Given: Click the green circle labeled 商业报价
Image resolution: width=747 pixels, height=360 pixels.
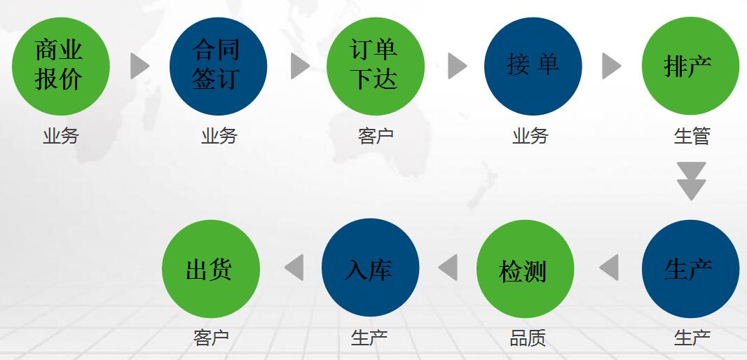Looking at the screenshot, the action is tap(61, 67).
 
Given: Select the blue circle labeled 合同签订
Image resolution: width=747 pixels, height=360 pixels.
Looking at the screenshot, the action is tap(218, 67).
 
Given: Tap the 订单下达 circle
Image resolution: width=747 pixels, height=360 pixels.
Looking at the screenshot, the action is tap(376, 67).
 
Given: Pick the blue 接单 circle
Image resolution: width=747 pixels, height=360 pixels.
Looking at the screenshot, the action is tap(533, 67).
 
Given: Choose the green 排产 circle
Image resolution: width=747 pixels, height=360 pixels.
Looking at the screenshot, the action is tap(690, 66).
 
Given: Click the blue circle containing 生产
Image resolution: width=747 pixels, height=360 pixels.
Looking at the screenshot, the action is tap(690, 268).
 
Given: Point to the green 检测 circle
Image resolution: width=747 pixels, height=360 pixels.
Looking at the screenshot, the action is tap(525, 268).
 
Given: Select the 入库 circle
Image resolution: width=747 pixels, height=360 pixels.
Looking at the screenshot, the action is tap(370, 268).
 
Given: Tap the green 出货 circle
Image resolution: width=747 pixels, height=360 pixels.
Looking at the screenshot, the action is tap(211, 268).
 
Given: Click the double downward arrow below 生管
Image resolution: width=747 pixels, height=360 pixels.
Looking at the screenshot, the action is tap(691, 181).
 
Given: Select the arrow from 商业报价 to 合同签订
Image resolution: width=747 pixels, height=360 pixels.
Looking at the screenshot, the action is tap(140, 66).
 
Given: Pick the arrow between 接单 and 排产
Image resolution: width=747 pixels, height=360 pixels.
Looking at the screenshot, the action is tap(612, 66).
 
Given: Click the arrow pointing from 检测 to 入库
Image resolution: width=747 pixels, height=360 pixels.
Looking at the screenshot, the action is tap(448, 268).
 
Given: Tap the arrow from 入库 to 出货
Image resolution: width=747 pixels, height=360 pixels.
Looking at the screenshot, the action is tap(294, 268).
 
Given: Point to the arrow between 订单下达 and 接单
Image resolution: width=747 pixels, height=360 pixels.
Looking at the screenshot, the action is tap(458, 66).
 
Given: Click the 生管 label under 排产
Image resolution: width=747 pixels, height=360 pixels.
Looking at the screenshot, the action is tap(692, 136).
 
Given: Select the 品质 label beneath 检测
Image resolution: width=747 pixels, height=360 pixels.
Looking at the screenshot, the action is tap(528, 338).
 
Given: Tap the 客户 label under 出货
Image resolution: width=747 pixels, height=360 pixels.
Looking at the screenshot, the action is tap(211, 338).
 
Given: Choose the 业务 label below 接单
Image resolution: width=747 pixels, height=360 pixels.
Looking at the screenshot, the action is tap(530, 136).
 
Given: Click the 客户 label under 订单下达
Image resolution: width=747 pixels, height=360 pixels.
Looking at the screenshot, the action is tap(376, 136).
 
